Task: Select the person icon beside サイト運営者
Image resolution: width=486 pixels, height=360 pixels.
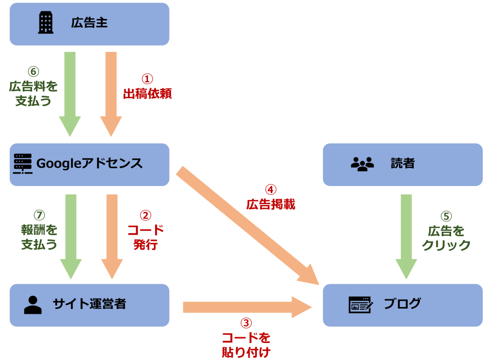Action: click(33, 304)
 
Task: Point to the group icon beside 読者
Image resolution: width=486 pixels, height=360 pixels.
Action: click(362, 164)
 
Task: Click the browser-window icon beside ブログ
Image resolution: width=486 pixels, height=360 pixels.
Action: click(360, 305)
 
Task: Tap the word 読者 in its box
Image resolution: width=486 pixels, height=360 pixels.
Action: click(402, 164)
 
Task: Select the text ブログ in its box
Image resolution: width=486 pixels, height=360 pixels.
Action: click(402, 305)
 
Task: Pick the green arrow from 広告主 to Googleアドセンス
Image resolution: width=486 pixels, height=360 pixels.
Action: click(70, 92)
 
